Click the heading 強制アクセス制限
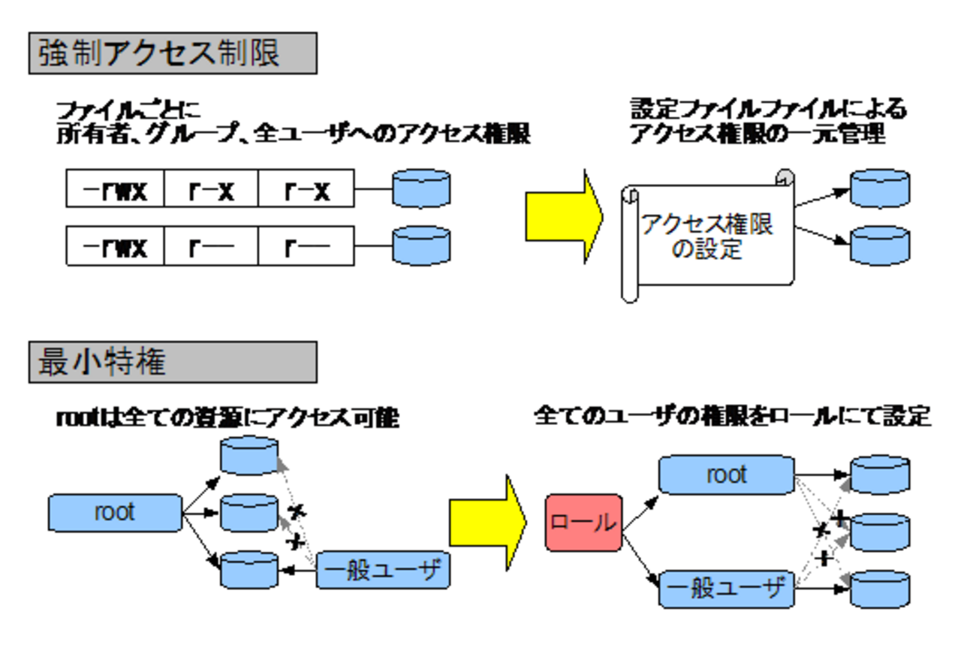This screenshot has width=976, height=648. coord(172,53)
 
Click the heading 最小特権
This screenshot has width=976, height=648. coord(172,363)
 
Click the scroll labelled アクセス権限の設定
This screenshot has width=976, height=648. coord(707,237)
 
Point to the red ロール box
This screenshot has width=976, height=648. coord(583,523)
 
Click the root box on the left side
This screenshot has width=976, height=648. coord(115,513)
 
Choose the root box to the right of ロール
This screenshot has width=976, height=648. coord(726,475)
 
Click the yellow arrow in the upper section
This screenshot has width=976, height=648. coord(563,216)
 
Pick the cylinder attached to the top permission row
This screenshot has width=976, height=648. coord(422,188)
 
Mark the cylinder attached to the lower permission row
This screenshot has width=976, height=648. coord(422,246)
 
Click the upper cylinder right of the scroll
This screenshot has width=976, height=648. coord(880,188)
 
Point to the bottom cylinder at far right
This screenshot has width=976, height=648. coord(880,589)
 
